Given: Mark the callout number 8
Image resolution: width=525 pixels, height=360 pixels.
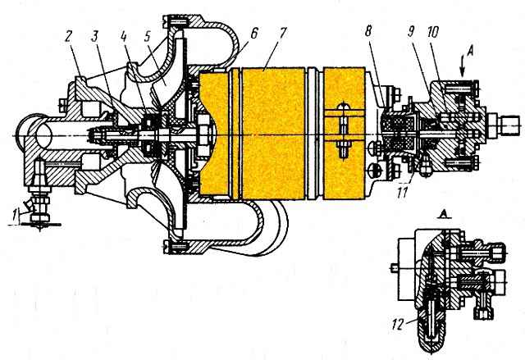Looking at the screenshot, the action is (368, 32).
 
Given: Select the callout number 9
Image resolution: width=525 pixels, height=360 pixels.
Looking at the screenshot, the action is (410, 32).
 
